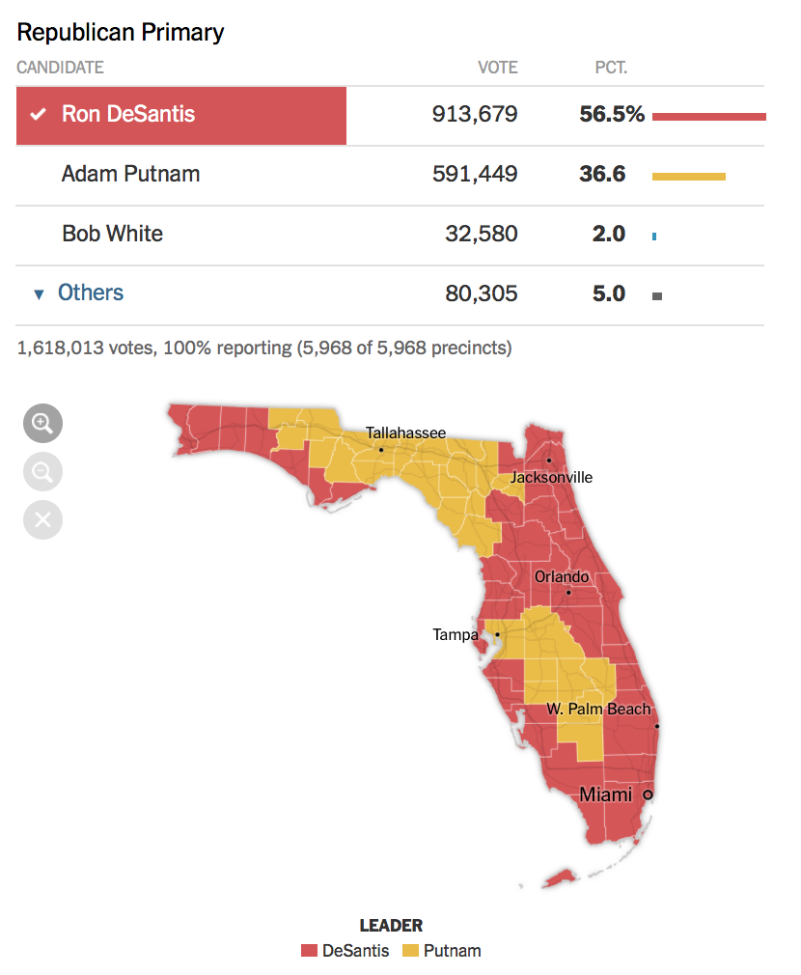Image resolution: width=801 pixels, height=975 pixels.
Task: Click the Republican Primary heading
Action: (x=120, y=33)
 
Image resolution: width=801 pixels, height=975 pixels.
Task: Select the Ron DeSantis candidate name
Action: (x=128, y=114)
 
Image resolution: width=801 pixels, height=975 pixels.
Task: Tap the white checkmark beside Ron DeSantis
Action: (x=39, y=114)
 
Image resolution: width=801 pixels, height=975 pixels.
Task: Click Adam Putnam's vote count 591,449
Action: (x=475, y=174)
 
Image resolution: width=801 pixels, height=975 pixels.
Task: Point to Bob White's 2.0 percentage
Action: (x=608, y=234)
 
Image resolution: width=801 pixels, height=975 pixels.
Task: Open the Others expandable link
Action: (x=91, y=292)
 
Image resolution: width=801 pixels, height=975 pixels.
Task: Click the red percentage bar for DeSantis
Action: (x=709, y=116)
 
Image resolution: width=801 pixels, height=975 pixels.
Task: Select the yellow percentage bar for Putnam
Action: (x=688, y=177)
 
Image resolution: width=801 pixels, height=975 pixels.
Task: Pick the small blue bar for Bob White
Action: (x=654, y=237)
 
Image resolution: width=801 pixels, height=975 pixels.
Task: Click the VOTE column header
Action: (x=497, y=68)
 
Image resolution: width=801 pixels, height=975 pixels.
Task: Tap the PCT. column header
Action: (x=611, y=68)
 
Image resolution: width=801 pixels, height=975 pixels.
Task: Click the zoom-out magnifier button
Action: (x=42, y=472)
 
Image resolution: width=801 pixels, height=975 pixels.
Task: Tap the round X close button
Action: (x=42, y=519)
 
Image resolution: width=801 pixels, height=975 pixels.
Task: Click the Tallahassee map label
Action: (x=405, y=432)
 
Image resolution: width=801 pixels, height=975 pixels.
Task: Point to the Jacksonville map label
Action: (x=551, y=478)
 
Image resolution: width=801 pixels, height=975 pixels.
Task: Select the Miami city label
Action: (x=605, y=794)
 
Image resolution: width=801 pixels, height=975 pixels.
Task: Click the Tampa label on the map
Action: (x=456, y=635)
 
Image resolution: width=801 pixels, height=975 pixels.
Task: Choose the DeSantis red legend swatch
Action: (x=309, y=951)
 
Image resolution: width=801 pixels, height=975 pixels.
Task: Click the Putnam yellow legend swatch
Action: (x=410, y=951)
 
